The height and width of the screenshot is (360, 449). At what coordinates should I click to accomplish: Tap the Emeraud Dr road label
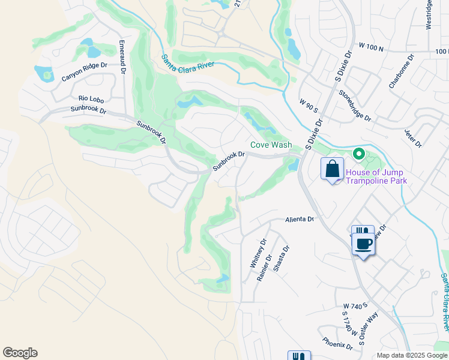pyautogui.click(x=122, y=58)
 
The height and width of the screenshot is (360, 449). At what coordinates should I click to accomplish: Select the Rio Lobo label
pyautogui.click(x=92, y=98)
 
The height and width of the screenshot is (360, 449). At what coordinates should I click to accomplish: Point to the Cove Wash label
pyautogui.click(x=271, y=145)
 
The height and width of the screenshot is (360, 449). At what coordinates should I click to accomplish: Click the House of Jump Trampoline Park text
pyautogui.click(x=376, y=176)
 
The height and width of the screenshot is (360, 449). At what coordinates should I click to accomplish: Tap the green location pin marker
pyautogui.click(x=359, y=155)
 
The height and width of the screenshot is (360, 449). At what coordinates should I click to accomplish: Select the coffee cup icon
pyautogui.click(x=363, y=244)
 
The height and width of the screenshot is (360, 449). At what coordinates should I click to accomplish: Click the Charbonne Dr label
pyautogui.click(x=402, y=73)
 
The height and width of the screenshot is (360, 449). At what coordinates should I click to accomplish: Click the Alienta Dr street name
pyautogui.click(x=300, y=220)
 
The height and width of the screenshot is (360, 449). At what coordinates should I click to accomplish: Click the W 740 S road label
pyautogui.click(x=355, y=306)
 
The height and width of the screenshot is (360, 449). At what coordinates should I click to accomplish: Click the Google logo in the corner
pyautogui.click(x=20, y=353)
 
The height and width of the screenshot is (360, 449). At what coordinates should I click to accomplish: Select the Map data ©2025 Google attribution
pyautogui.click(x=411, y=355)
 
